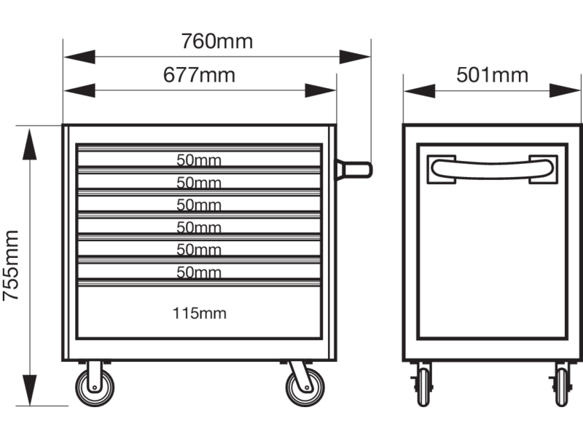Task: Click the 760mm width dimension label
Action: click(x=216, y=42)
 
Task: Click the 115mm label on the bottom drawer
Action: click(x=199, y=314)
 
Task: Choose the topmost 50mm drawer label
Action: click(x=199, y=160)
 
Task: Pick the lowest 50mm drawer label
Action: click(x=199, y=273)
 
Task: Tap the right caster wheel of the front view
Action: click(x=301, y=388)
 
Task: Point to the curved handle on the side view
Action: click(x=492, y=169)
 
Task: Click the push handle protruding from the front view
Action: click(x=357, y=169)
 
